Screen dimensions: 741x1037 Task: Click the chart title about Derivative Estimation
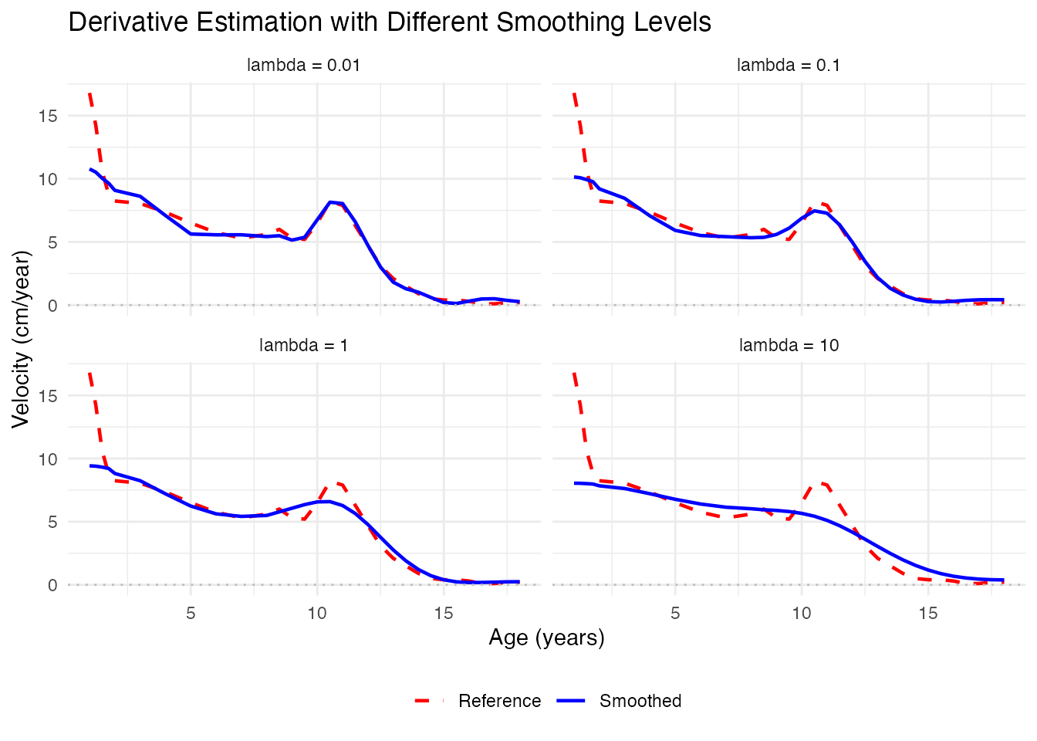tap(390, 22)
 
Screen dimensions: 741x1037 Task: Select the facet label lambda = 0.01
tap(303, 65)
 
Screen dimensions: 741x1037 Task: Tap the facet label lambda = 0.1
tap(788, 65)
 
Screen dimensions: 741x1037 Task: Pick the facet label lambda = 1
tap(303, 345)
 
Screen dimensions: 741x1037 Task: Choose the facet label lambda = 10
tap(789, 345)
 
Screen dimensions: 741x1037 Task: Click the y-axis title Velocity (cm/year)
tap(21, 339)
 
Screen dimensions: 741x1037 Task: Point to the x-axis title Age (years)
tap(546, 638)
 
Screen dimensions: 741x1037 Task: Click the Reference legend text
tap(499, 701)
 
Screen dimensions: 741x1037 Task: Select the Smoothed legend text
tap(640, 701)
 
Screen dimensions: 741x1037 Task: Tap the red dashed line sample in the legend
tap(431, 701)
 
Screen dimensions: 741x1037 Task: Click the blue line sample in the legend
tap(572, 701)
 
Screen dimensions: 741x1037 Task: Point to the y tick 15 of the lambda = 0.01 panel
tap(49, 116)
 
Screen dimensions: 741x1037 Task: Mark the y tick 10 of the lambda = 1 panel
tap(49, 458)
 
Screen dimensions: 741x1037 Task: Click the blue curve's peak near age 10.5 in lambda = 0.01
tap(330, 202)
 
